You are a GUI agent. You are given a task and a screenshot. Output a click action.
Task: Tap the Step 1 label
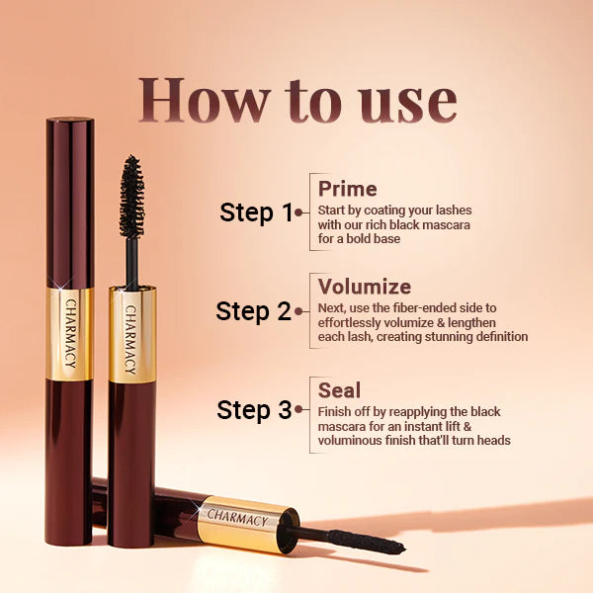coord(256,212)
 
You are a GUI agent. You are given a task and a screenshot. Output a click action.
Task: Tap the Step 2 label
coord(253,311)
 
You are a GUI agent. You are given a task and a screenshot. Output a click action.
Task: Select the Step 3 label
coord(254,410)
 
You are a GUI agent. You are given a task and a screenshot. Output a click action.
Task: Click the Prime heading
coord(347,188)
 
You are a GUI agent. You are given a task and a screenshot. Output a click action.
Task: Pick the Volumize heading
coord(364,287)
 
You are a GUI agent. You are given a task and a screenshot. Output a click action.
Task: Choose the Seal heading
coord(339,389)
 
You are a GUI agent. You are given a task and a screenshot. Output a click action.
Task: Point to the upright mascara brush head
coord(130,195)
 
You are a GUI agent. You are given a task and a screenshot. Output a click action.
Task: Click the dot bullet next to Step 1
coord(298,212)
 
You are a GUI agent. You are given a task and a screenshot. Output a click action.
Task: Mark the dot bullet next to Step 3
coord(298,410)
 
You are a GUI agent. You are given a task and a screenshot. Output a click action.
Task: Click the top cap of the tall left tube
coord(70,124)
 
